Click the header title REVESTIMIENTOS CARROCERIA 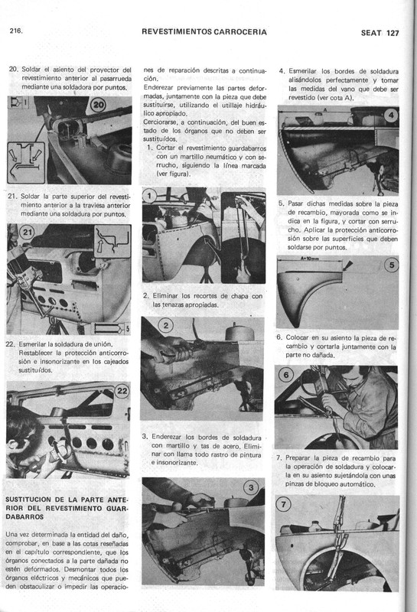[x=204, y=33]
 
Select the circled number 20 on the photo [x=99, y=106]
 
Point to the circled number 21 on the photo [x=25, y=233]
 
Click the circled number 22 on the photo [x=123, y=392]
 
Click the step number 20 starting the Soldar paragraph [x=13, y=68]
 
